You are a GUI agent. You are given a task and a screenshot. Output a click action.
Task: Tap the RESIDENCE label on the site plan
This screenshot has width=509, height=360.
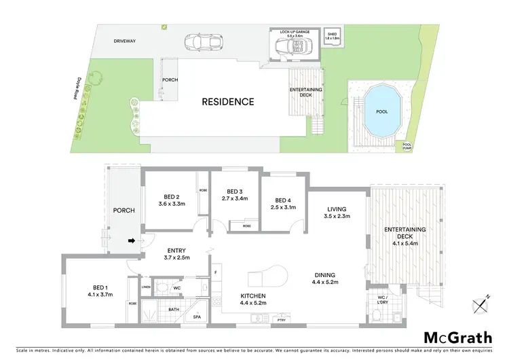pos(228,102)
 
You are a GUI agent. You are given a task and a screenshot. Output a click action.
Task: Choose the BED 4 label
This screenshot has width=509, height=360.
pos(284,200)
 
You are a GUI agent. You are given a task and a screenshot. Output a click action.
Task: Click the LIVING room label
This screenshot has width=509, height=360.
pos(337,209)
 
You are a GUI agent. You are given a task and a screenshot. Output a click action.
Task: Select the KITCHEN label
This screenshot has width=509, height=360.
pos(254,296)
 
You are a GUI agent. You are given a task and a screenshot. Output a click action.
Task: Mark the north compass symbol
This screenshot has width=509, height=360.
pos(482,305)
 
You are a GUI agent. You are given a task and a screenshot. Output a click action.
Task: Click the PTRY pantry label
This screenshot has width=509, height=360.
pos(279,319)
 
